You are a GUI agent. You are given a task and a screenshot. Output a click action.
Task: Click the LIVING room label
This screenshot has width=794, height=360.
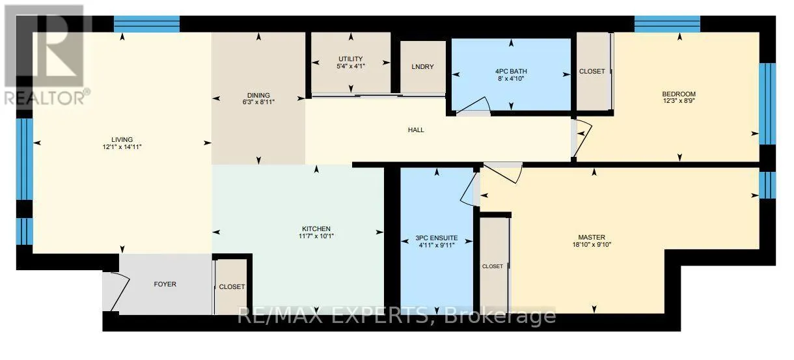pyautogui.click(x=122, y=139)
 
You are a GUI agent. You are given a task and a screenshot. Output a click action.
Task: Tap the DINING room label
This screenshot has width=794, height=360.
pyautogui.click(x=258, y=96)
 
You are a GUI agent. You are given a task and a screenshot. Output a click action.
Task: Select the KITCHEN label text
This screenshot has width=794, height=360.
pyautogui.click(x=316, y=228)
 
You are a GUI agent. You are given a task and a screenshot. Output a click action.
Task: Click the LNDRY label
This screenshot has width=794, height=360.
pyautogui.click(x=422, y=67)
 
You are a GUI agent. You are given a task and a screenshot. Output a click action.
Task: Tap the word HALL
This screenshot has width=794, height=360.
pyautogui.click(x=416, y=130)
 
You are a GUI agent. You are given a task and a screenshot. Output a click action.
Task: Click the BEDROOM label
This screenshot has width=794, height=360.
pyautogui.click(x=679, y=94)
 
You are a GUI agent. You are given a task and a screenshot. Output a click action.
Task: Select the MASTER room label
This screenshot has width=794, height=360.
pyautogui.click(x=592, y=237)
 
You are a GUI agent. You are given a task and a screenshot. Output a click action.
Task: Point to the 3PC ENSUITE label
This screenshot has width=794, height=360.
pyautogui.click(x=435, y=238)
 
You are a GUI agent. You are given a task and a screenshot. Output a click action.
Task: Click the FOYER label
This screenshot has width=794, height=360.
pyautogui.click(x=165, y=284)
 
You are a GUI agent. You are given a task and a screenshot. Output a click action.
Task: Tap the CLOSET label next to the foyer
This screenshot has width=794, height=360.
pyautogui.click(x=232, y=286)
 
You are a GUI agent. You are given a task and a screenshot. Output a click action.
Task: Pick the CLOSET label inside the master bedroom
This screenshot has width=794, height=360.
pyautogui.click(x=493, y=266)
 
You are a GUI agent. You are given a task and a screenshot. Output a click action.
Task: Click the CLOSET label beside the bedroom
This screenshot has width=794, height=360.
pyautogui.click(x=592, y=72)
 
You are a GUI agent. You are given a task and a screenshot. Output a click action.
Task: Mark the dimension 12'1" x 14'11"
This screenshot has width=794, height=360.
pyautogui.click(x=122, y=148)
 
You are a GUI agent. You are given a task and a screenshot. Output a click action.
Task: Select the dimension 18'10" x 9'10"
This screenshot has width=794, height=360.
pyautogui.click(x=592, y=245)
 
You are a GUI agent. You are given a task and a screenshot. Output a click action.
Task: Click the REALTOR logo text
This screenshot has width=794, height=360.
pyautogui.click(x=46, y=97)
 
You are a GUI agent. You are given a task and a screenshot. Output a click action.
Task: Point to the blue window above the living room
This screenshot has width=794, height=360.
pyautogui.click(x=146, y=24)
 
